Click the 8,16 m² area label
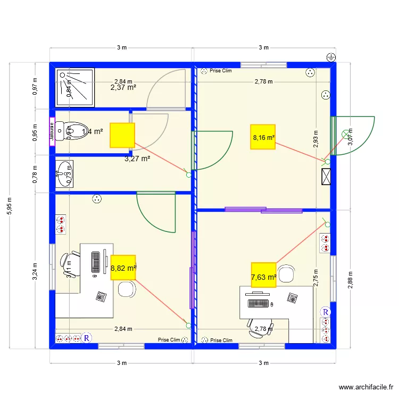(264, 137)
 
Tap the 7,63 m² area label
(263, 277)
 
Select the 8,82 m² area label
(123, 269)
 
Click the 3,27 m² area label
(137, 158)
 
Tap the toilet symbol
(72, 130)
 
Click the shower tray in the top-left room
(75, 86)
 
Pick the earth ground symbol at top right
(330, 57)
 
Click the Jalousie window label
(52, 131)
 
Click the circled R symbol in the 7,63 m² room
(326, 311)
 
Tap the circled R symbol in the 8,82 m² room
(87, 338)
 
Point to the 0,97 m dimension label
(35, 87)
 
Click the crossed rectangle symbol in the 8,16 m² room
(326, 177)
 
